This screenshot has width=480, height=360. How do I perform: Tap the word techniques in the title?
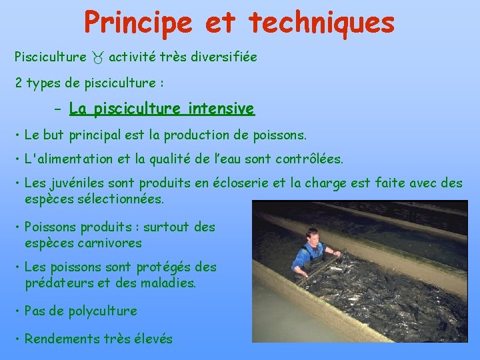(x=321, y=22)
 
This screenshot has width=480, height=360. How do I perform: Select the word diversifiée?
(x=222, y=57)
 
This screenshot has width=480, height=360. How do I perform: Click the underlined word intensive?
(x=221, y=108)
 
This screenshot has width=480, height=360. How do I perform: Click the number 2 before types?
(x=19, y=83)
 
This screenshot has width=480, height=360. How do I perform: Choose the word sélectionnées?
(x=121, y=199)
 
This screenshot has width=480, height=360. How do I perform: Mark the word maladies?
(x=167, y=282)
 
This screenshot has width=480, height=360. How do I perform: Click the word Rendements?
(x=61, y=339)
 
